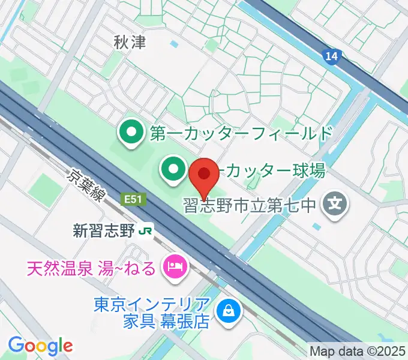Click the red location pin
point(204,176)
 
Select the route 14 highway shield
point(332,56)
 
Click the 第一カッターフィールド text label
point(241,133)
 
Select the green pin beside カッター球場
point(173,169)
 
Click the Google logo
point(40,345)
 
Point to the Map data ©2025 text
point(357,351)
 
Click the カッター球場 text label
point(273,171)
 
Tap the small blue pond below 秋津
point(174,44)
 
